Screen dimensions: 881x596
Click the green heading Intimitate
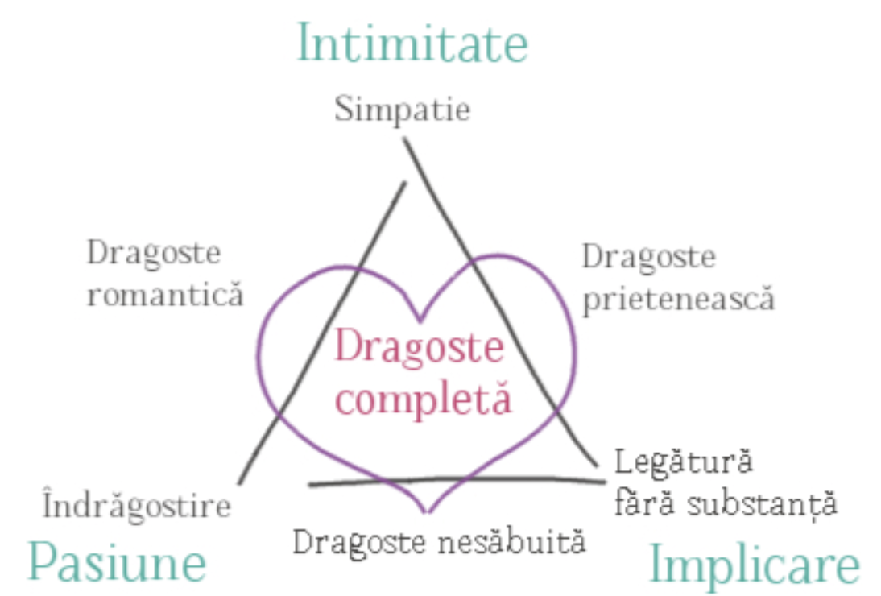click(x=412, y=43)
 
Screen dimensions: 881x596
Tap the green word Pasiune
click(x=118, y=561)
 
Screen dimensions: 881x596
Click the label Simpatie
click(x=403, y=109)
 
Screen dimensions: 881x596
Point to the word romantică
click(x=165, y=294)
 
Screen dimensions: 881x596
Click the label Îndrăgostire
click(x=137, y=504)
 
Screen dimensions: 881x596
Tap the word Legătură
click(x=683, y=463)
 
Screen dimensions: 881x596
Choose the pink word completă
click(x=423, y=398)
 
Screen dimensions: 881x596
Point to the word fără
click(x=644, y=503)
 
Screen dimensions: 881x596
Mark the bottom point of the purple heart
click(x=427, y=511)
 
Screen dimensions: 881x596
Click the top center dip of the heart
click(x=420, y=321)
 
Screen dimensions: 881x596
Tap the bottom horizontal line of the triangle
click(x=457, y=480)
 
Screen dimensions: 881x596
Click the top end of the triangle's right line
click(x=404, y=139)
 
